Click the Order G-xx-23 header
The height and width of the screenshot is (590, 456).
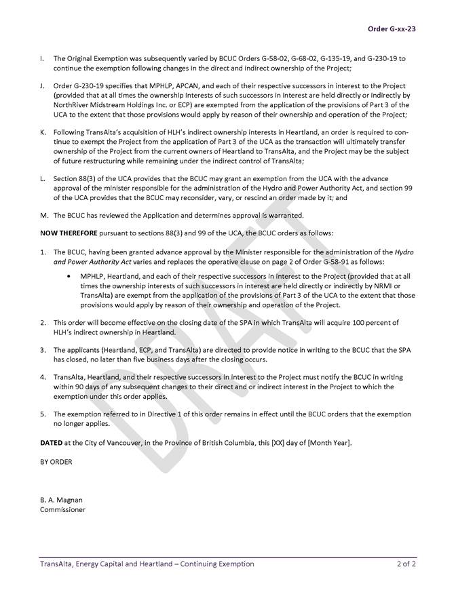[x=392, y=28]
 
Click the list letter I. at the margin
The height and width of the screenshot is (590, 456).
[x=42, y=58]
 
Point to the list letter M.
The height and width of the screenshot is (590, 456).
[x=43, y=216]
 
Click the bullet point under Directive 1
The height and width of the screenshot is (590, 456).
[x=71, y=277]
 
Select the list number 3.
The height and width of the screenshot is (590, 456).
[x=43, y=350]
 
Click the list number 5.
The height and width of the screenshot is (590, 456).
[x=43, y=414]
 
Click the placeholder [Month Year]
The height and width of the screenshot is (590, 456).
[x=327, y=442]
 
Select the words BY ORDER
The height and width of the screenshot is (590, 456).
[x=56, y=462]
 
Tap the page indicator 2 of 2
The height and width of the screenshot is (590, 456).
[x=406, y=564]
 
